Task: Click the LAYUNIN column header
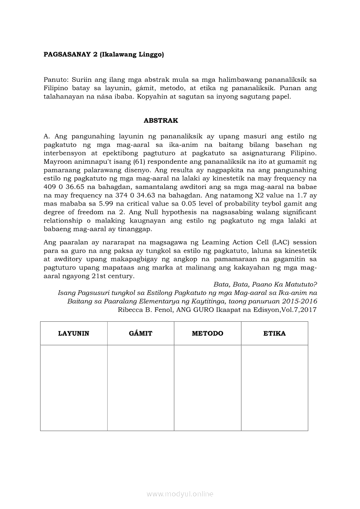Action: coord(74,334)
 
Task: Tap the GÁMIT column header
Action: coord(141,334)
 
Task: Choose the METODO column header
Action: coord(207,334)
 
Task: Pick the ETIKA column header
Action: coord(275,334)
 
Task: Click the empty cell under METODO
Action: coord(207,388)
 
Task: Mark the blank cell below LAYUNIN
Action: coord(74,388)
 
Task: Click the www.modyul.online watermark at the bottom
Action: coord(180,494)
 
